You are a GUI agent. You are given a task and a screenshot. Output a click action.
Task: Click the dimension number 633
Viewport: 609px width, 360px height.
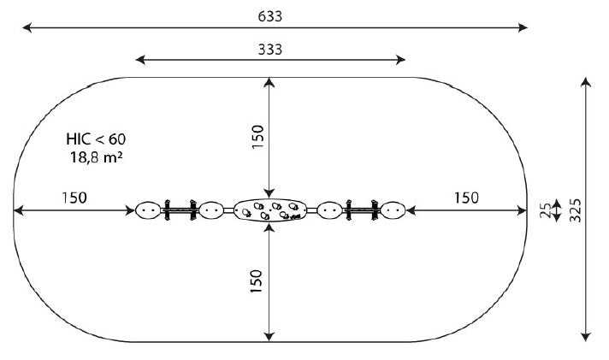coord(270,17)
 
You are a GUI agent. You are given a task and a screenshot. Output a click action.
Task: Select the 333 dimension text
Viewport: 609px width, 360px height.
coord(270,50)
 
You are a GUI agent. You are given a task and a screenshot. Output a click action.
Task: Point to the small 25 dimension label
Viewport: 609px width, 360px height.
coord(546,210)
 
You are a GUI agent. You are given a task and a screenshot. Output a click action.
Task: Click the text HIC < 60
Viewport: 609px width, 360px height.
coord(96,139)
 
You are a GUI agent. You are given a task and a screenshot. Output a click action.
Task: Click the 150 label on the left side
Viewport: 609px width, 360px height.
coord(74,198)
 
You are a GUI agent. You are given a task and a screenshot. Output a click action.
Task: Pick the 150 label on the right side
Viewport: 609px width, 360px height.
coord(466,198)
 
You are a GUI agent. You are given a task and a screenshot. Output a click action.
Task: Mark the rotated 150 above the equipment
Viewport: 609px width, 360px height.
coord(257,136)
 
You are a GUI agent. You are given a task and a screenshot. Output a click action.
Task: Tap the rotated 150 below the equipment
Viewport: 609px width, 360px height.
coord(257,280)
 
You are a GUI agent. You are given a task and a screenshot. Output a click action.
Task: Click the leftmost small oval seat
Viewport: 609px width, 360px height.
coord(148,210)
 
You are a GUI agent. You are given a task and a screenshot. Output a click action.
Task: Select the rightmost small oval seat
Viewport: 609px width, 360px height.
coord(393,210)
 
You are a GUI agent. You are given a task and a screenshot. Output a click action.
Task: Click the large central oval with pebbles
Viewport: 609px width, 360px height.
coord(270,210)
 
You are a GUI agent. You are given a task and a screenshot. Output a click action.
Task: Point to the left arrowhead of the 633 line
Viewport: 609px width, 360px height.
coord(27,27)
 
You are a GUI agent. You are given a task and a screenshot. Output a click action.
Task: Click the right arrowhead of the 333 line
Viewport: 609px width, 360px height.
coord(400,60)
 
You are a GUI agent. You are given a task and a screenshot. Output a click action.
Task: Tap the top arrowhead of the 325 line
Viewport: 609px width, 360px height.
coord(586,82)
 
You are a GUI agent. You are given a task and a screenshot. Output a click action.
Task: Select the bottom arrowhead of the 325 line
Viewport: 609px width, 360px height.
coord(586,337)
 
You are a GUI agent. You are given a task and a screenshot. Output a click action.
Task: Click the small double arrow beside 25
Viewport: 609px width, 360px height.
coord(557,210)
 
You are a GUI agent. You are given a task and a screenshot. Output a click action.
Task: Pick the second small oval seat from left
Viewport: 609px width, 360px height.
coord(211,210)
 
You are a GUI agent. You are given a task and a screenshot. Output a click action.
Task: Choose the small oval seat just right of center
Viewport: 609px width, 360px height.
coord(330,210)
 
